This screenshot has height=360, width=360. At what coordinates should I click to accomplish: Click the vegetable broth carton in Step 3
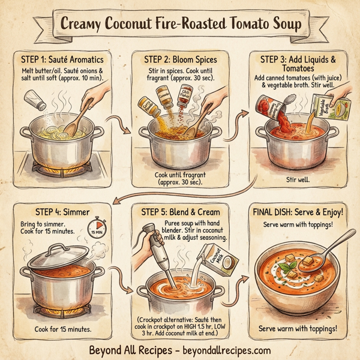[322, 112]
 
